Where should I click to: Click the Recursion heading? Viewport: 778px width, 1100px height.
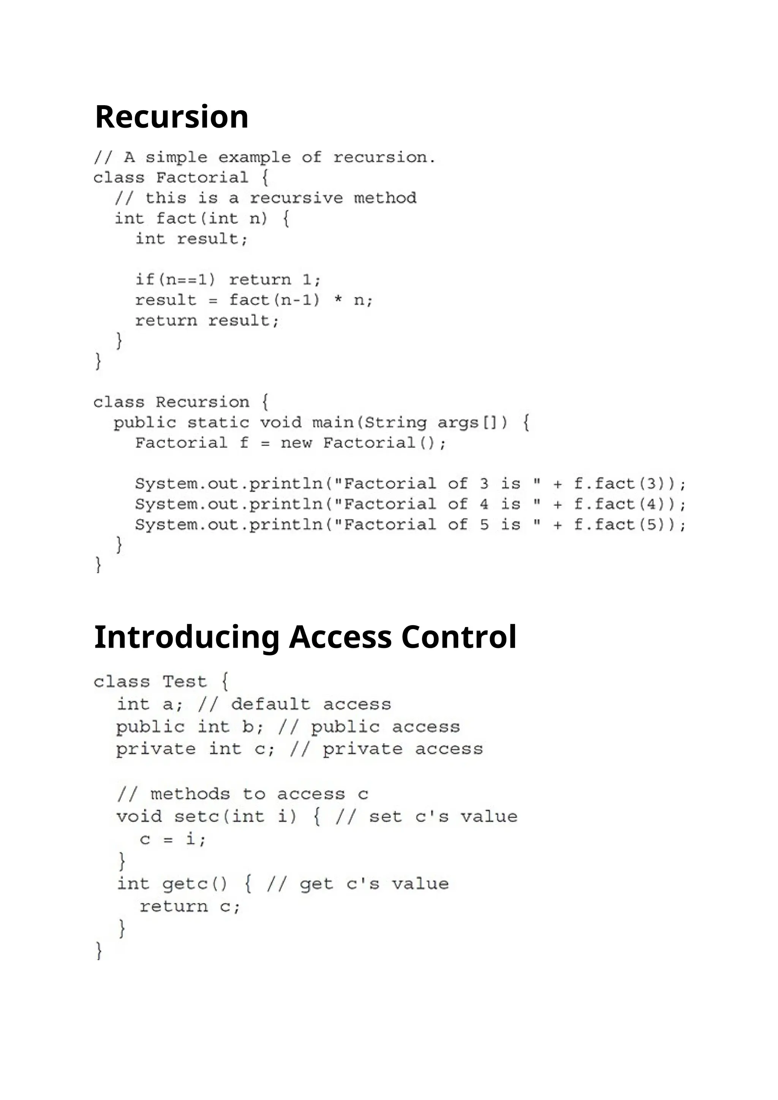[171, 117]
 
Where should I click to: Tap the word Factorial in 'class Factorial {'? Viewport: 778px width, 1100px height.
[202, 178]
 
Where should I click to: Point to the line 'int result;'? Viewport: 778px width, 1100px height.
[191, 239]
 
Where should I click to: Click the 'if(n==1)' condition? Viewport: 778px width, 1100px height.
[176, 279]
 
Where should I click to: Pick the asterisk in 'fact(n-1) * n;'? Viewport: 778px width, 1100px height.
[338, 300]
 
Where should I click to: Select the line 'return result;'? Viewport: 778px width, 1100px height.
[207, 321]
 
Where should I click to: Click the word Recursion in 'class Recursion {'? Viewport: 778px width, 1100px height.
[202, 402]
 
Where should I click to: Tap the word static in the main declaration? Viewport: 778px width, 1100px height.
[218, 422]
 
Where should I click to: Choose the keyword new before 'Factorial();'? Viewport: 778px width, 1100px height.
[296, 443]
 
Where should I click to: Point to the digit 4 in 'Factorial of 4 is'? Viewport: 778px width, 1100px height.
[484, 504]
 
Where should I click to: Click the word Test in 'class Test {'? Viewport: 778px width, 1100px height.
[185, 681]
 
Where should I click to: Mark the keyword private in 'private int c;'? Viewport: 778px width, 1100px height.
[156, 749]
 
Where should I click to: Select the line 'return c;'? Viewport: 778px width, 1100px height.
[190, 906]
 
